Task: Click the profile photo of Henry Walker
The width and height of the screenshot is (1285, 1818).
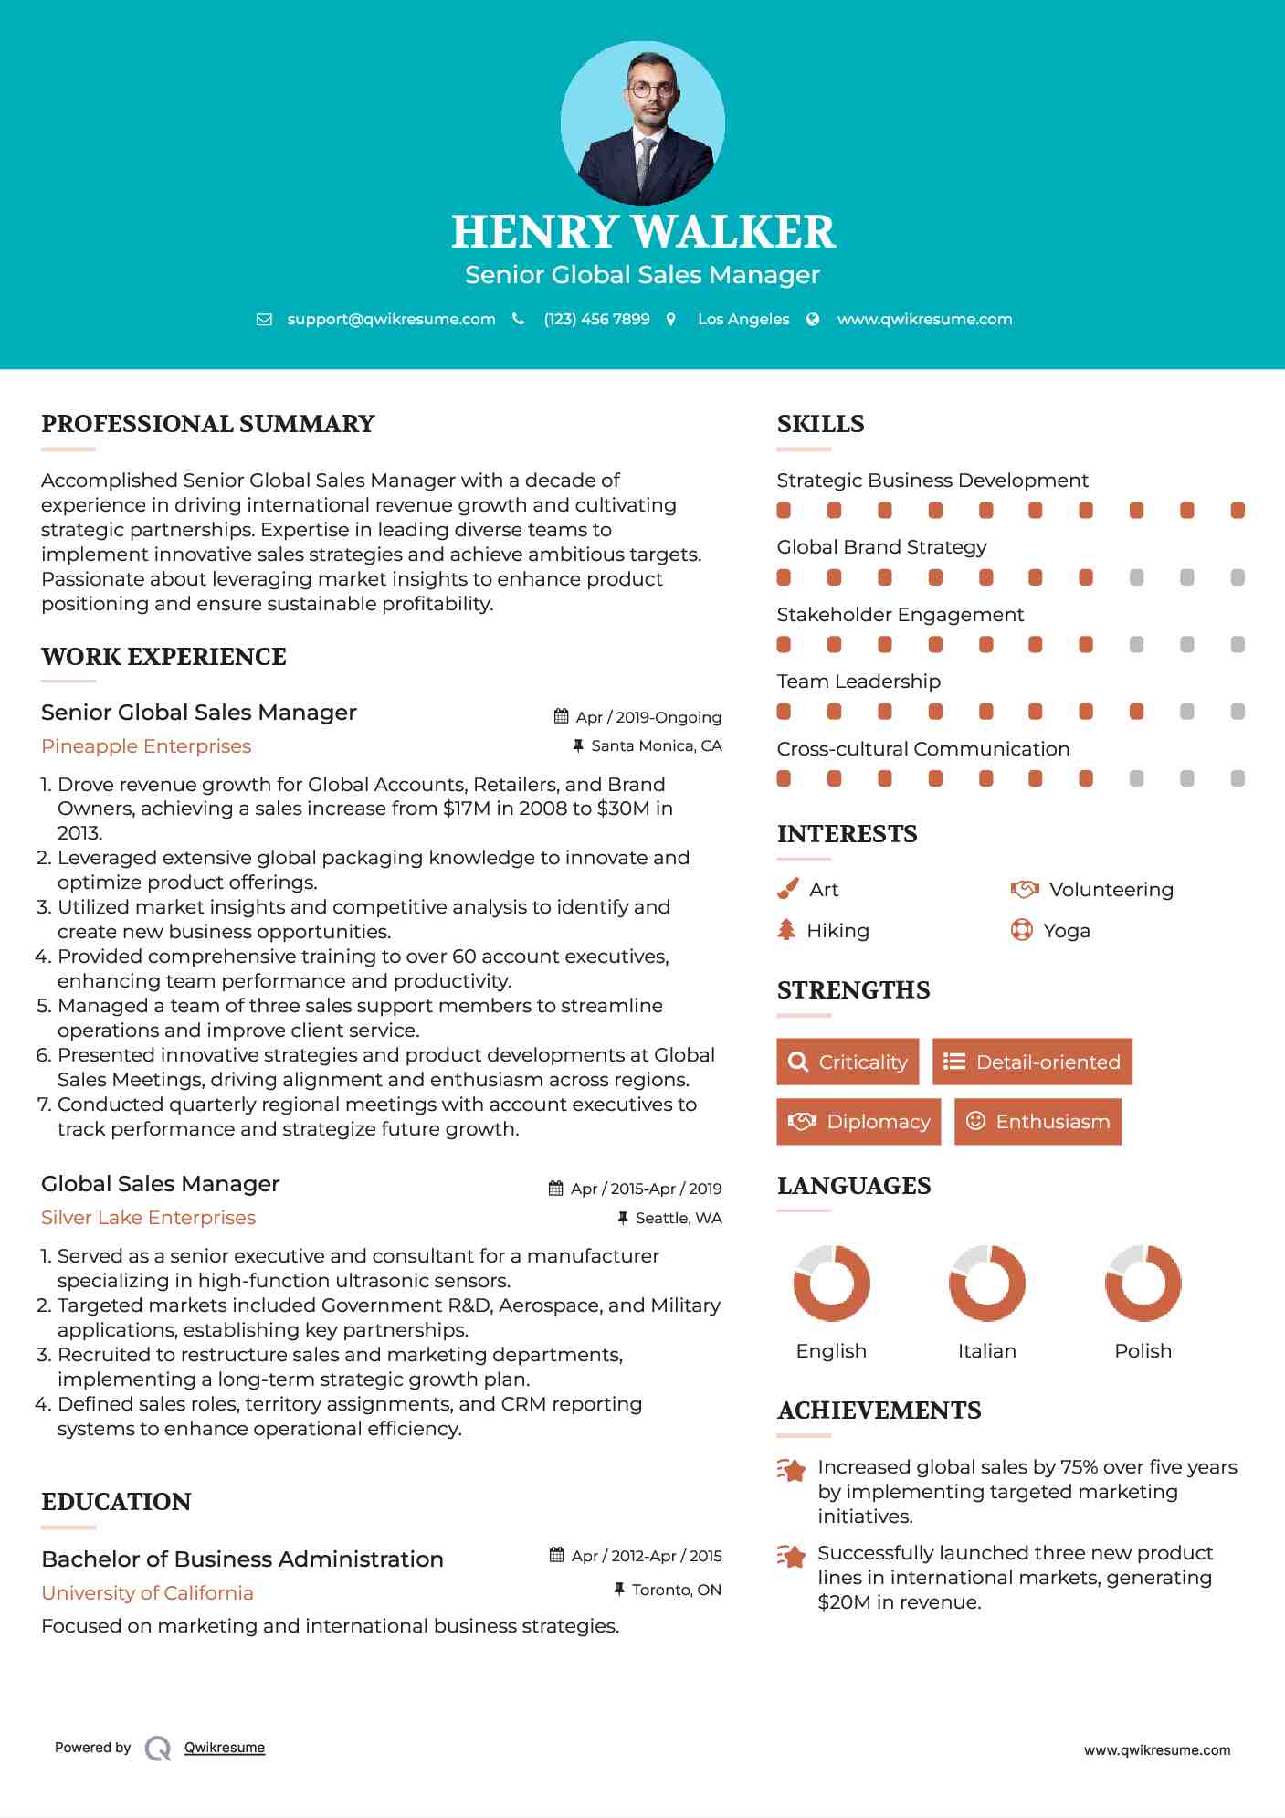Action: point(642,122)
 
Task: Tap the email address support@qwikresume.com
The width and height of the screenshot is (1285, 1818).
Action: point(391,319)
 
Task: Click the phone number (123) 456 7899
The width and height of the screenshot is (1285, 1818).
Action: point(596,319)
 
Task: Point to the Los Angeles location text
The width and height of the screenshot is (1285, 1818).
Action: point(743,319)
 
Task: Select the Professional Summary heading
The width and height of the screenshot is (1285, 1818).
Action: point(208,424)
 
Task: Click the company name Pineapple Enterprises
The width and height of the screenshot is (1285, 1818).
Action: point(146,746)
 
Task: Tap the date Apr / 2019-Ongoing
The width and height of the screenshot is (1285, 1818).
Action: point(648,717)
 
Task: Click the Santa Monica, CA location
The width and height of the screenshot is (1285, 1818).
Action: point(656,745)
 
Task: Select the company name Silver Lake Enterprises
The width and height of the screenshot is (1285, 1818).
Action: point(148,1218)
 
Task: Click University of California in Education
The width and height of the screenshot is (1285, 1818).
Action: point(147,1593)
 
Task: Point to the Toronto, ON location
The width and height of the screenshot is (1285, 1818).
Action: point(676,1590)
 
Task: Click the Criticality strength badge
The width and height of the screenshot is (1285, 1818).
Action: point(848,1062)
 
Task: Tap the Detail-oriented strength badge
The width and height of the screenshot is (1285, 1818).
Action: point(1032,1062)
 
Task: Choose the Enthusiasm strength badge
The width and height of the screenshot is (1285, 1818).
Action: point(1037,1121)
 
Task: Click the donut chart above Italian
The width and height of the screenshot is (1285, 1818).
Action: point(986,1283)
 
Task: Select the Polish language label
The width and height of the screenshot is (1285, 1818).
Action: point(1143,1350)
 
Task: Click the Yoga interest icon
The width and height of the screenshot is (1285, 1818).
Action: point(1021,930)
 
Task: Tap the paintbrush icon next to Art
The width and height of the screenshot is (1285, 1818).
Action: point(787,889)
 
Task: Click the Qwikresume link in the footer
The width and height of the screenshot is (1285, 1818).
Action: point(225,1748)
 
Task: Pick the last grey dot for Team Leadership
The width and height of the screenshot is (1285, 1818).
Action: point(1238,712)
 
